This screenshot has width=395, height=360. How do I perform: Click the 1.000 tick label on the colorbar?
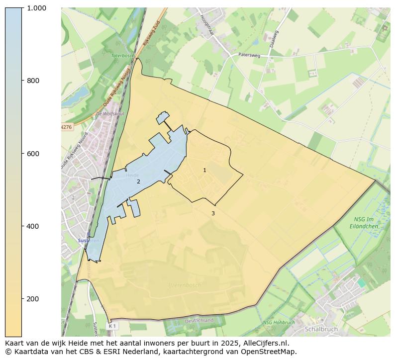coord(36,8)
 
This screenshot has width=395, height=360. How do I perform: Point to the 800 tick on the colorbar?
coord(33,81)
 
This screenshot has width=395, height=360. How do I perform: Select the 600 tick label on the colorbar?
coord(33,153)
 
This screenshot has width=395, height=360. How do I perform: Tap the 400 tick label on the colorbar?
coord(33,226)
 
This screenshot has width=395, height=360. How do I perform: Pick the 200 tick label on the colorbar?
coord(33,299)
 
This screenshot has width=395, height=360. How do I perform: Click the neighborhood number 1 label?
coord(204,171)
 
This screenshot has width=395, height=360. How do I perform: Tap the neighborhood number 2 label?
coord(138,182)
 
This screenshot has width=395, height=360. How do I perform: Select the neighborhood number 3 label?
coord(213,213)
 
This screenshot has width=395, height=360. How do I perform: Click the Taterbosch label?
coord(123,56)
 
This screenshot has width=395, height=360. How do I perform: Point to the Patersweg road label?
coord(249,55)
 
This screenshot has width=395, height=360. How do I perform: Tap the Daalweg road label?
coord(274,39)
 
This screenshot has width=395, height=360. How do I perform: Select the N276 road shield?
coord(66,127)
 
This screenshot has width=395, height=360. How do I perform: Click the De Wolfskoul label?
coord(109,114)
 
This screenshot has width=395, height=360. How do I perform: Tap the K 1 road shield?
coord(111,326)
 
